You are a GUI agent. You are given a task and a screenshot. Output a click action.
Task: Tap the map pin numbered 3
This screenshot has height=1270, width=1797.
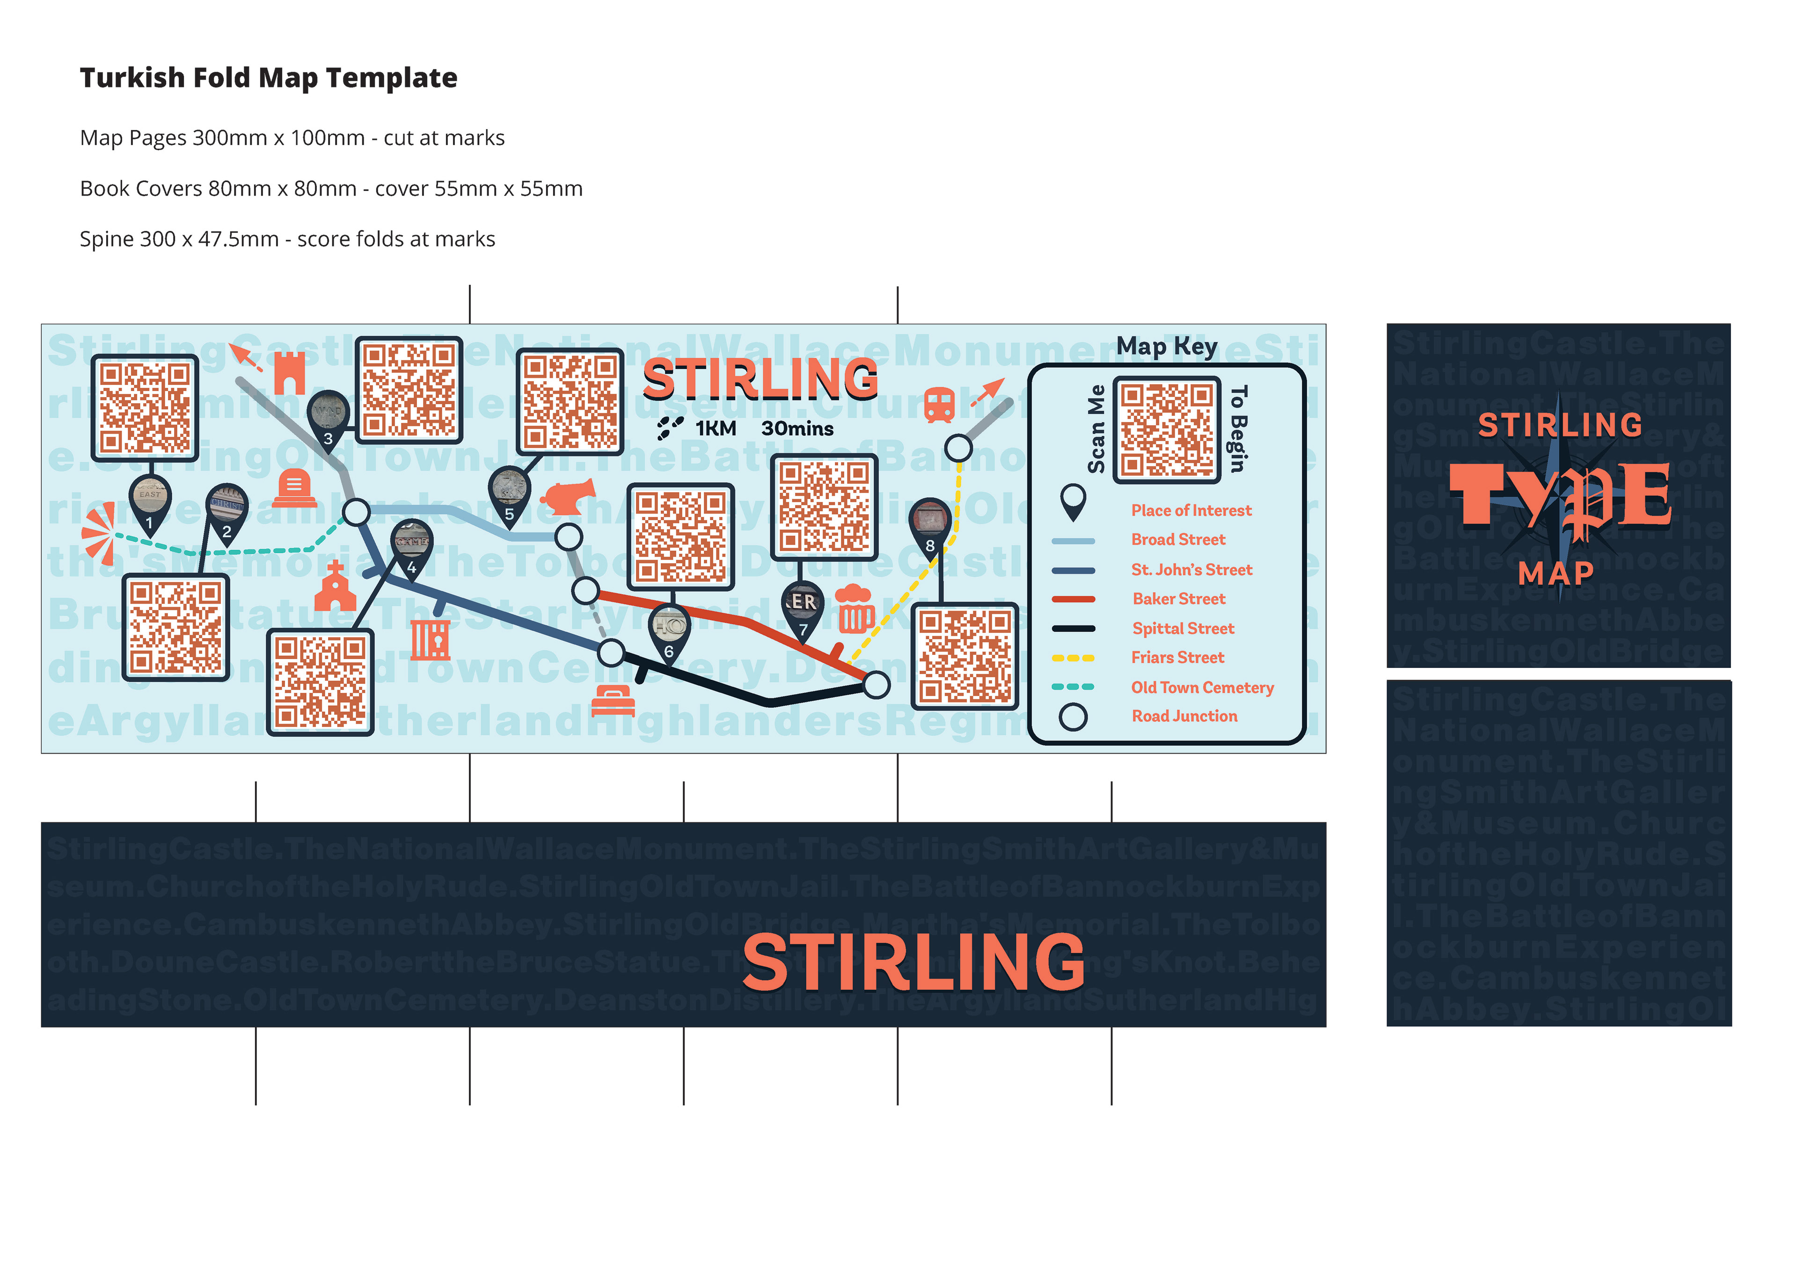click(x=328, y=419)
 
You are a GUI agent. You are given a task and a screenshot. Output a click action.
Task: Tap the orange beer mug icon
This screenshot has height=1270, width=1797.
click(x=855, y=609)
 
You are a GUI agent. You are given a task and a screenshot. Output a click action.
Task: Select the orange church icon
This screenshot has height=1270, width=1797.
click(x=335, y=587)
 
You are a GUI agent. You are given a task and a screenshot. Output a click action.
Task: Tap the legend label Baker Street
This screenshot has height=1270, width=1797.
click(x=1179, y=599)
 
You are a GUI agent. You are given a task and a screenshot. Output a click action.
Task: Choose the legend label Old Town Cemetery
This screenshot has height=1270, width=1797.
click(x=1202, y=688)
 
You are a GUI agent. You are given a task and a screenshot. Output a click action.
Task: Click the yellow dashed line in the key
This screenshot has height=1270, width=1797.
click(x=1073, y=658)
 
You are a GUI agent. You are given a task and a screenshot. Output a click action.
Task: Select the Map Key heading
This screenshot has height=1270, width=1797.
click(x=1166, y=347)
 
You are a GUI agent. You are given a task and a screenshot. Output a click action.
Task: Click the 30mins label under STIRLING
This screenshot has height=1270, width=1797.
click(x=797, y=429)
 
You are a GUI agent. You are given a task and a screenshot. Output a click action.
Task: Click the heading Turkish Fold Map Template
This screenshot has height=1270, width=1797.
click(x=269, y=78)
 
